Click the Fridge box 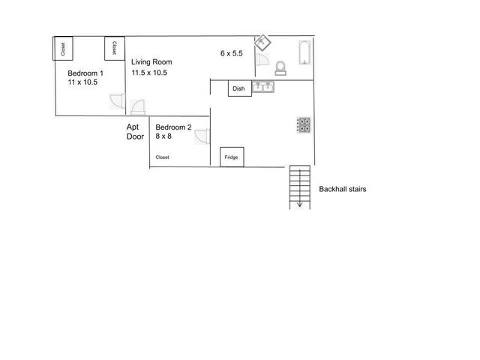(232, 157)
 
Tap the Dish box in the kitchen (239, 88)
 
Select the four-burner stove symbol (304, 125)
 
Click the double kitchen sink (263, 88)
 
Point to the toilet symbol (280, 67)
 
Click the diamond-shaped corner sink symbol (262, 42)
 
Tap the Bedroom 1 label (85, 73)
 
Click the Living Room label (152, 62)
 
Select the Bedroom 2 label (173, 127)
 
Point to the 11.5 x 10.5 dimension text (150, 73)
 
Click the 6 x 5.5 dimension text (232, 53)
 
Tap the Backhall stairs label (343, 190)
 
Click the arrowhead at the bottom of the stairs (299, 204)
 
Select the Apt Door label (135, 132)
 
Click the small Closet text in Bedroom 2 (163, 157)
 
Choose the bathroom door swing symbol (262, 61)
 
